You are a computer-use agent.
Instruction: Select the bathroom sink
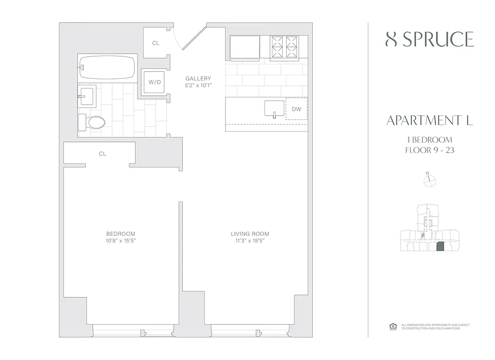(86, 95)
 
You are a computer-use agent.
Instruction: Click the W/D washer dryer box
(155, 82)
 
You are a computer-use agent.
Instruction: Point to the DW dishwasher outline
(296, 109)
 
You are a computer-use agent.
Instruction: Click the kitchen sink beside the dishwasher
(274, 108)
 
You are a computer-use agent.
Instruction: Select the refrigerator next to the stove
(245, 47)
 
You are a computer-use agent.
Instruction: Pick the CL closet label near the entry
(156, 43)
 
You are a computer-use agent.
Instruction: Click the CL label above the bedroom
(103, 154)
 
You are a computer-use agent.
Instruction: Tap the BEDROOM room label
(121, 234)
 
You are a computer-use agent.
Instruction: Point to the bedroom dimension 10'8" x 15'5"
(121, 241)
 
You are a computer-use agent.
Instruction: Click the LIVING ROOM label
(250, 234)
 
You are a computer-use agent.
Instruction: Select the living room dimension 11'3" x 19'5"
(250, 241)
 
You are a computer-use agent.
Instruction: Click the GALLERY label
(198, 79)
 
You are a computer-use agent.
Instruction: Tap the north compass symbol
(430, 180)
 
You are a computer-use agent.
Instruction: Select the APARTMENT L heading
(430, 121)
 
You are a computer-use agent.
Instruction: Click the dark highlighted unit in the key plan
(441, 247)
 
